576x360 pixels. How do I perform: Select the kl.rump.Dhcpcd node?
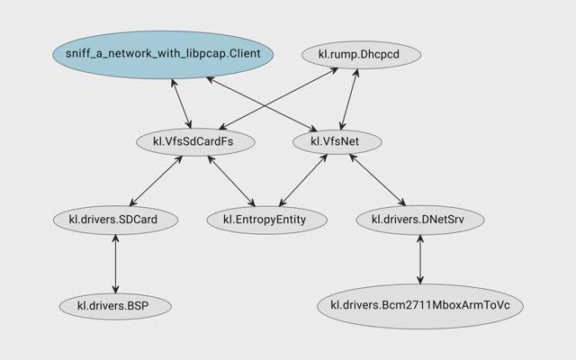point(351,56)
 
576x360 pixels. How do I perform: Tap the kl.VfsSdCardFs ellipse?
point(196,141)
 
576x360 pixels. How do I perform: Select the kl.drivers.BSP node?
point(115,305)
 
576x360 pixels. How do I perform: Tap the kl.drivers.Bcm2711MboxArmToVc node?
point(420,305)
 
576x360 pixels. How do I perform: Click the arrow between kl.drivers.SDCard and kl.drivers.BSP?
point(115,262)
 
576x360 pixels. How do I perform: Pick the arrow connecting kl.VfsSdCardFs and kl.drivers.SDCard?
point(157,179)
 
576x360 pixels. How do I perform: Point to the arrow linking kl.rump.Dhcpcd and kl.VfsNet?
point(343,99)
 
